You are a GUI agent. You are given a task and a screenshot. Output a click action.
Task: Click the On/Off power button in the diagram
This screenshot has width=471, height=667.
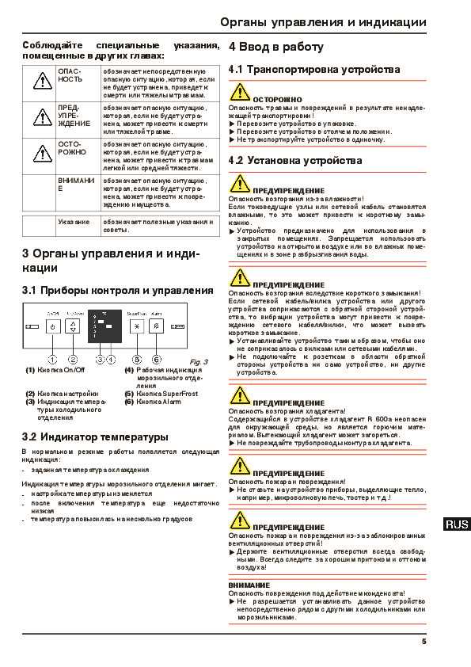pos(53,326)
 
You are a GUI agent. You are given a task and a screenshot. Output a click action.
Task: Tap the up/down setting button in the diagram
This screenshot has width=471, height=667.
pos(74,326)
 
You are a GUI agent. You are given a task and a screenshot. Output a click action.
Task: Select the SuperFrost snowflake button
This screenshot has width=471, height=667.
pos(136,326)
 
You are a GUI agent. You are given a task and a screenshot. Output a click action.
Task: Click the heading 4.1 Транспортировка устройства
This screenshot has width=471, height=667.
pos(303,70)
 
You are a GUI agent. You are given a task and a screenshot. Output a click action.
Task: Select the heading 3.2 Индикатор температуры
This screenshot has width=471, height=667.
pos(95,436)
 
